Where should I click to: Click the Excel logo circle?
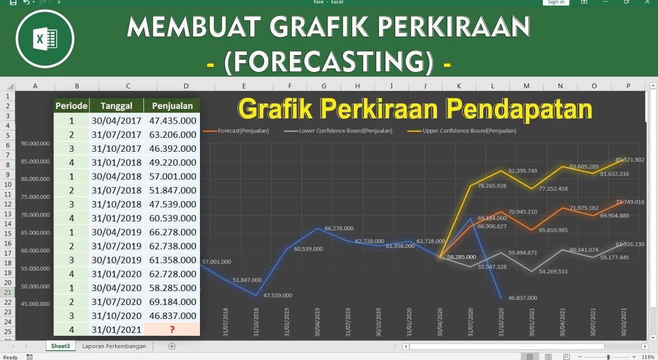point(45,39)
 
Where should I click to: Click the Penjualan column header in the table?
point(172,106)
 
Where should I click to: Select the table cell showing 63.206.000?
point(172,135)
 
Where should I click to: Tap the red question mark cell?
point(172,330)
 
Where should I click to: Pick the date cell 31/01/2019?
point(116,218)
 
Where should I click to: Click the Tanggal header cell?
point(116,106)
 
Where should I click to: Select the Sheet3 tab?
point(60,346)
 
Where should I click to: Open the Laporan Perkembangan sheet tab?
point(114,346)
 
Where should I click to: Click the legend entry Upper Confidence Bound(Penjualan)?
point(469,131)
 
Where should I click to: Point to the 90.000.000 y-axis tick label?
point(35,143)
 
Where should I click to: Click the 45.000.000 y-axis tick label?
point(35,304)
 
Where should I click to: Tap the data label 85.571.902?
point(630,160)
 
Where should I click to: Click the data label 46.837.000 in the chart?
point(522,298)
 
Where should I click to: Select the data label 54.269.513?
point(553,272)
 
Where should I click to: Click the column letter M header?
point(526,86)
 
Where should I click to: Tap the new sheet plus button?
point(172,346)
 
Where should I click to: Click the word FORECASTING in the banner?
point(328,63)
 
